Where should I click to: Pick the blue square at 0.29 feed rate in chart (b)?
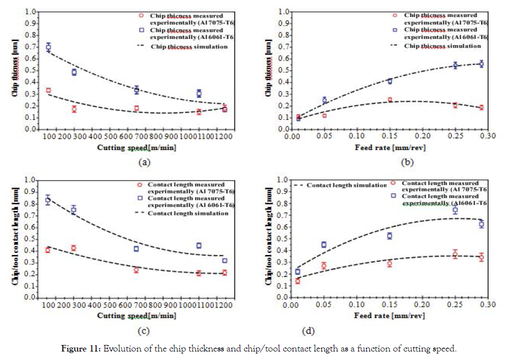pyautogui.click(x=481, y=64)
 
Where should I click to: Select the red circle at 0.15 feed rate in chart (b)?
pyautogui.click(x=389, y=100)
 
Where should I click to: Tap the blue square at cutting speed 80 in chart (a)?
pyautogui.click(x=49, y=47)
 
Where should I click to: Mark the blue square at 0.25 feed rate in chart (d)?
pyautogui.click(x=455, y=210)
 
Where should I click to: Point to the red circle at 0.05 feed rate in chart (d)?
pyautogui.click(x=324, y=265)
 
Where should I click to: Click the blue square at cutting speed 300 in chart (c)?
pyautogui.click(x=74, y=210)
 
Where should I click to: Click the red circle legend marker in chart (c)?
pyautogui.click(x=141, y=185)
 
